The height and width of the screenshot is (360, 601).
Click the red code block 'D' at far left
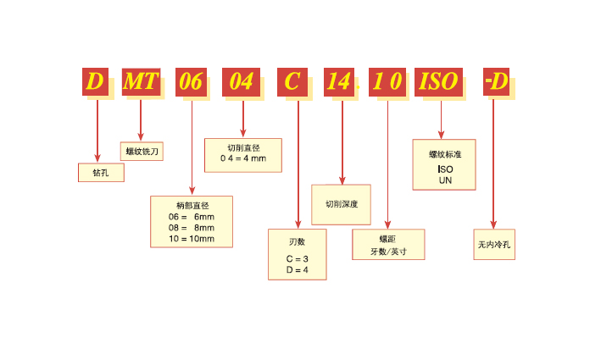click(x=95, y=82)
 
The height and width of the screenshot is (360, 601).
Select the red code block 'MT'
click(x=140, y=82)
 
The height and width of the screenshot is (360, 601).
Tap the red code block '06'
click(x=191, y=82)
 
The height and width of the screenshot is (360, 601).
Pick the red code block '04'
click(x=242, y=82)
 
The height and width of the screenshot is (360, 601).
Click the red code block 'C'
click(x=292, y=82)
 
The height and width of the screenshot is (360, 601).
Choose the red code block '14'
click(x=340, y=82)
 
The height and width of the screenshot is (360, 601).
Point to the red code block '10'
click(x=388, y=82)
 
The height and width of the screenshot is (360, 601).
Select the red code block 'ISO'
click(x=439, y=82)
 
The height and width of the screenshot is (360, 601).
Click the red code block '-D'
click(x=496, y=82)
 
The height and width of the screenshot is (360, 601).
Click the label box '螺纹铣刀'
click(x=142, y=152)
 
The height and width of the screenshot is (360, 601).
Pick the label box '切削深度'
click(x=342, y=204)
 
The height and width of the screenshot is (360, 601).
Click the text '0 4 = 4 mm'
click(x=243, y=158)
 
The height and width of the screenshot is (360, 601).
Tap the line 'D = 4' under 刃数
click(x=297, y=269)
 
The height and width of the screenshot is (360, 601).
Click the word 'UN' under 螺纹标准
click(x=445, y=180)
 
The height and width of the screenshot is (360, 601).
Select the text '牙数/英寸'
click(x=388, y=251)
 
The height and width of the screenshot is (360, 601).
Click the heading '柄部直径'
click(x=192, y=206)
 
